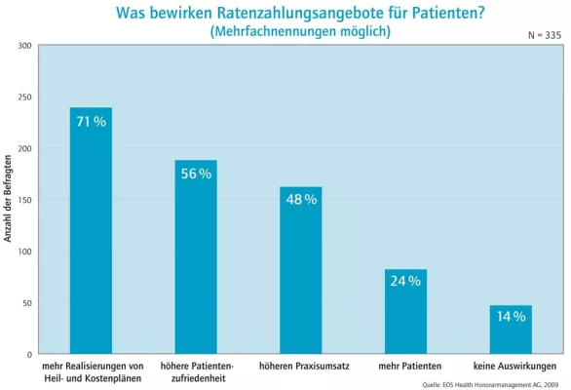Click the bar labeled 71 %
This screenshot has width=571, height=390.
point(91,234)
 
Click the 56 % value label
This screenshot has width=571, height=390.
point(196,174)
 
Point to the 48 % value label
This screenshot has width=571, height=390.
point(300,199)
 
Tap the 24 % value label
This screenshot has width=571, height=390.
point(405,282)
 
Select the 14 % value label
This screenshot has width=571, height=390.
point(511,317)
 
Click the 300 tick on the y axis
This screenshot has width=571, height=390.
point(24,46)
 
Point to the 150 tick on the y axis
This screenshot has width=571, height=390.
point(24,200)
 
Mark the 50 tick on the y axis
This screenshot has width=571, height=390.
point(26,302)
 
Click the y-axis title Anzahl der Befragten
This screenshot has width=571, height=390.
point(8,200)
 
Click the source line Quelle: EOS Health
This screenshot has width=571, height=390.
point(490,384)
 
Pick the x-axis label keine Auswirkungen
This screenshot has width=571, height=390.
point(511,366)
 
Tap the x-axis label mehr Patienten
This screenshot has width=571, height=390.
point(405,366)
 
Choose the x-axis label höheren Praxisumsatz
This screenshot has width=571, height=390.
point(300,366)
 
